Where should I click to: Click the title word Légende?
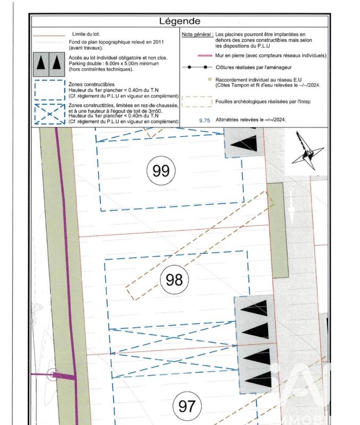[x=180, y=21]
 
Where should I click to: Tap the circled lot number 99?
[x=161, y=171]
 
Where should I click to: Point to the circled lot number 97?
[x=186, y=407]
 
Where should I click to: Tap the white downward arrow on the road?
[x=292, y=215]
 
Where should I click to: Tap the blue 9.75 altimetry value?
[x=205, y=121]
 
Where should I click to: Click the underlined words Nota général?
[x=197, y=33]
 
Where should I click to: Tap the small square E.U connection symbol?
[x=211, y=79]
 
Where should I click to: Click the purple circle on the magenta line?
[x=52, y=375]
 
